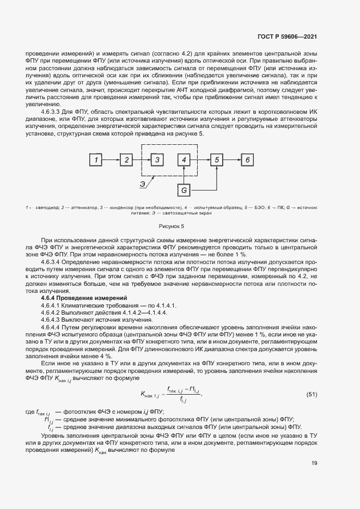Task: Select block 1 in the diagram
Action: (96, 160)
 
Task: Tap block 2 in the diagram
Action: (126, 160)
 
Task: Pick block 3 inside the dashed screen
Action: (157, 160)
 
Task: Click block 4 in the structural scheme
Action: (185, 160)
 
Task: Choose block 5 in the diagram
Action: (217, 160)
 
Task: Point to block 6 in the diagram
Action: (247, 160)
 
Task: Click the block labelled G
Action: (185, 190)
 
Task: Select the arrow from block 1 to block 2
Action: (111, 160)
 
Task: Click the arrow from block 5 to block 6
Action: (232, 160)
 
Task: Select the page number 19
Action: (314, 463)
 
